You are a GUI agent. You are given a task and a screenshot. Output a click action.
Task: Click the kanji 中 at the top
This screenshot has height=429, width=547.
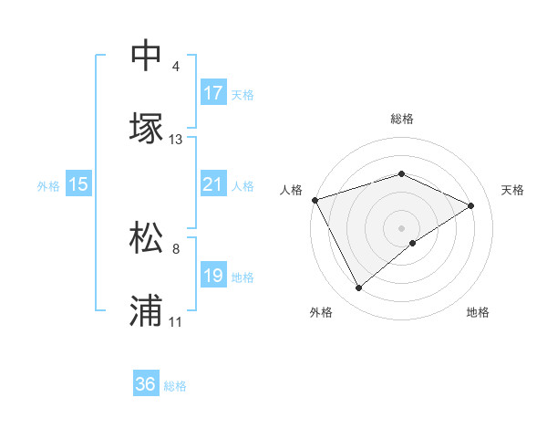pos(146,56)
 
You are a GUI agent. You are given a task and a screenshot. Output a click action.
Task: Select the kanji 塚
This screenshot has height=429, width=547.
pos(146,129)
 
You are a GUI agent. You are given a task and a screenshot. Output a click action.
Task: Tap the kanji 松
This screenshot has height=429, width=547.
pos(146,238)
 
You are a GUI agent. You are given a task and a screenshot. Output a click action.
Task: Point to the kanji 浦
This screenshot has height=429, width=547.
pos(146,311)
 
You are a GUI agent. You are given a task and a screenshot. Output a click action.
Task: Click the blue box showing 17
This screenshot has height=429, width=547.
pos(213,93)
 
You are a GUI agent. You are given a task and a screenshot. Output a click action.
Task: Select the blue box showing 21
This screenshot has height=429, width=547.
pos(213,184)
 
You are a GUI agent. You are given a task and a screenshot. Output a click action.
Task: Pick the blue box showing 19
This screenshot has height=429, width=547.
pos(213,276)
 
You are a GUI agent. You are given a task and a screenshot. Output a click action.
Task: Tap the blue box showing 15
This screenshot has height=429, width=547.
pos(78,184)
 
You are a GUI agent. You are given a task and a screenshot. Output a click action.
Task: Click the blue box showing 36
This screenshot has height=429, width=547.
pos(146,384)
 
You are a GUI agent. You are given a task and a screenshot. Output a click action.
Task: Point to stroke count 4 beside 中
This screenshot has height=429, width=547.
pos(176,67)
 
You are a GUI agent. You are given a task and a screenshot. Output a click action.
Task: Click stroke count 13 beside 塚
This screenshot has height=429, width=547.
pos(176,140)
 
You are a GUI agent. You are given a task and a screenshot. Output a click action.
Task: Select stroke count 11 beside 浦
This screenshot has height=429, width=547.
pos(176,322)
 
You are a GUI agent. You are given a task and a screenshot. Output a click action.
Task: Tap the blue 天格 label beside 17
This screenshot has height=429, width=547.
pos(243,95)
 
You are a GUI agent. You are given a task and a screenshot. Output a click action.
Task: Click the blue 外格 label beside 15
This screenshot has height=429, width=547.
pos(48,186)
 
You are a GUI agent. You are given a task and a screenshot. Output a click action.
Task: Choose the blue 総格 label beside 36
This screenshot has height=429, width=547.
pos(175,386)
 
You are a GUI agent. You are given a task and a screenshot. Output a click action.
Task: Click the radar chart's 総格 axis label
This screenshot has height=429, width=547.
pos(402,119)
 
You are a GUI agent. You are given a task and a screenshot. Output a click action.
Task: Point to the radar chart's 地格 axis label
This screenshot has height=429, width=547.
pos(478,312)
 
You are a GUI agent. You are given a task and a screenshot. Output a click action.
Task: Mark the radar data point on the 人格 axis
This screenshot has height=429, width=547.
pos(315,199)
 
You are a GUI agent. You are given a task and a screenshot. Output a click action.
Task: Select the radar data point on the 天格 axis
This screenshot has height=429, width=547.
pos(471,205)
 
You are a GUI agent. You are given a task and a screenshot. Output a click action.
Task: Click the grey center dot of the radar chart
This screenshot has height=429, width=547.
pos(402,227)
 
